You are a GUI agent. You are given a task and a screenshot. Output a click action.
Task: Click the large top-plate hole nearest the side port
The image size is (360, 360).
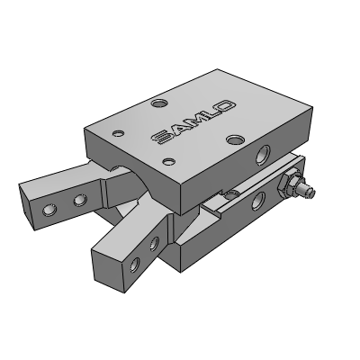tap(235, 139)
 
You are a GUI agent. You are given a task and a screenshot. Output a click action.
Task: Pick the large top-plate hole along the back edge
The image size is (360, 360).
tap(158, 104)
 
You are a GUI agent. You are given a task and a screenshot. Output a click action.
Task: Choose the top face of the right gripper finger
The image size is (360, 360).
tap(126, 230)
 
